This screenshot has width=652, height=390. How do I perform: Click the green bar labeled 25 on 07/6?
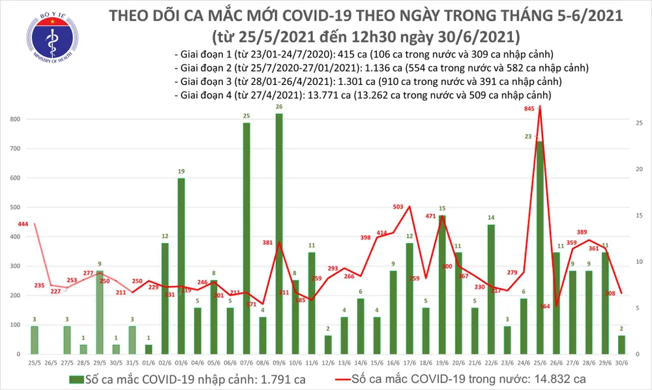point(246,238)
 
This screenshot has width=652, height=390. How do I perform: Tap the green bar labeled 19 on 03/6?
point(181,265)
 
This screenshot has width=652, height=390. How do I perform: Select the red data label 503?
point(398,206)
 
